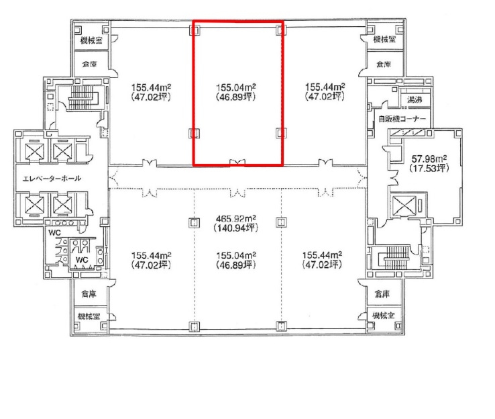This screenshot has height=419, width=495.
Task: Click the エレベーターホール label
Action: point(52,179)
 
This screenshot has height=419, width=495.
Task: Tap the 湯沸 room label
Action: point(415,100)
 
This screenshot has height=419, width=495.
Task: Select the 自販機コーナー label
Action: point(402,119)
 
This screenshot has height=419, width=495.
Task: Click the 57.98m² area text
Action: point(429,158)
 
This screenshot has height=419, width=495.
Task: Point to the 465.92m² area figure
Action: point(236,219)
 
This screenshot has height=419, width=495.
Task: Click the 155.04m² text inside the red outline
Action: point(236,87)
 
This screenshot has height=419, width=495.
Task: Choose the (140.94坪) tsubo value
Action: point(236,228)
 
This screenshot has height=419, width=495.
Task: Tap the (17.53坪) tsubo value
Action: point(429,168)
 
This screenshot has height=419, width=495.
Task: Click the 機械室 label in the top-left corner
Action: point(91,40)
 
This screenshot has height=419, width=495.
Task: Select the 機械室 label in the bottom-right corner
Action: point(383,316)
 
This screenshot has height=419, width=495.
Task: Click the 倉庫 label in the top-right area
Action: point(384,64)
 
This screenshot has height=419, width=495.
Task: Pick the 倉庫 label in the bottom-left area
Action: point(89,294)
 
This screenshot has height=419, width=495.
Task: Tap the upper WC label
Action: point(54,233)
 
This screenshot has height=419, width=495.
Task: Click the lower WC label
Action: point(82,260)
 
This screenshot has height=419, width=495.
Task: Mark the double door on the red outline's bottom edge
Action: point(237,162)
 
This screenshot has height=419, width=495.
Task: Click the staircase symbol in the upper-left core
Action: point(81,97)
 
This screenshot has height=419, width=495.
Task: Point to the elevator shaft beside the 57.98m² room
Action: point(404,205)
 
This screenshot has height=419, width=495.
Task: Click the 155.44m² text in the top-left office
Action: point(151,87)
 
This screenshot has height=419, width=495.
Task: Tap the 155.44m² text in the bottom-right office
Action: point(322,255)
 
